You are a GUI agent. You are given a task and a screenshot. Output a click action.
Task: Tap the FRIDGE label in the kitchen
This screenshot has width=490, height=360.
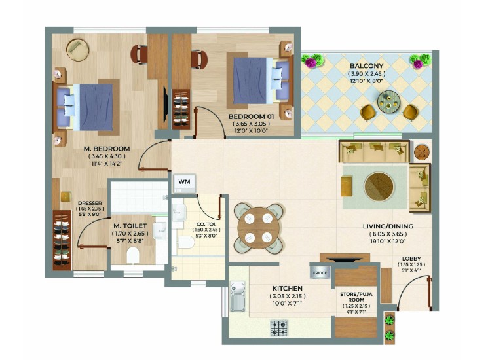320,272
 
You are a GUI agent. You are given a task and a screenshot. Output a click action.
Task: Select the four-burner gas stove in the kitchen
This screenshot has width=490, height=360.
279,328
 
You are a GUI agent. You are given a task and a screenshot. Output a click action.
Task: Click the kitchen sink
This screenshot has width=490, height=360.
238,297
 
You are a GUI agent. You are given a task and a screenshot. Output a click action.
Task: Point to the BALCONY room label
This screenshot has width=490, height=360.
367,66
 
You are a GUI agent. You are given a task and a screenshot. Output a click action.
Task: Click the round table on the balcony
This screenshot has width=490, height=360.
388,101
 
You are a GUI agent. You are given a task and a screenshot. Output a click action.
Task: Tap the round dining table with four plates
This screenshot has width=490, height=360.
258,228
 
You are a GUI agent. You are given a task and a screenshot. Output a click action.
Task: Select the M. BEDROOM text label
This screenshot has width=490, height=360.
107,149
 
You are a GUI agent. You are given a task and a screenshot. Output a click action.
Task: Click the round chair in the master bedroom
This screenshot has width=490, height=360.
77,50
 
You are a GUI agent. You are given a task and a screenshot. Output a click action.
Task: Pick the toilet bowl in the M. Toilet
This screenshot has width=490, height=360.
133,255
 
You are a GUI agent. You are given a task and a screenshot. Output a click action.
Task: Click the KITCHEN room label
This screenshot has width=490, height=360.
287,289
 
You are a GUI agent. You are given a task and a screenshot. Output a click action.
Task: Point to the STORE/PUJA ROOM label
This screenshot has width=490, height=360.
356,297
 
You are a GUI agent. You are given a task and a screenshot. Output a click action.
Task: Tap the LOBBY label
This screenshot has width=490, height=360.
411,259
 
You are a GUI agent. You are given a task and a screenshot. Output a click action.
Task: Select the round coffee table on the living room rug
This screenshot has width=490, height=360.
379,187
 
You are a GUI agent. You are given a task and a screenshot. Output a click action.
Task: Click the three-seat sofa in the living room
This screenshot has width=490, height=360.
374,152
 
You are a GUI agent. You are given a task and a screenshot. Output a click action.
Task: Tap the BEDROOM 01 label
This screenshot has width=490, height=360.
252,117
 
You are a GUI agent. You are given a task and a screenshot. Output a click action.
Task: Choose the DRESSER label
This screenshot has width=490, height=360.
90,203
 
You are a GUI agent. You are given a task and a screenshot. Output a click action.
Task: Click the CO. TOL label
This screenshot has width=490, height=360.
206,224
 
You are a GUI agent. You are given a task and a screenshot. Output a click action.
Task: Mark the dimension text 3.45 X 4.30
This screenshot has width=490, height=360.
107,156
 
